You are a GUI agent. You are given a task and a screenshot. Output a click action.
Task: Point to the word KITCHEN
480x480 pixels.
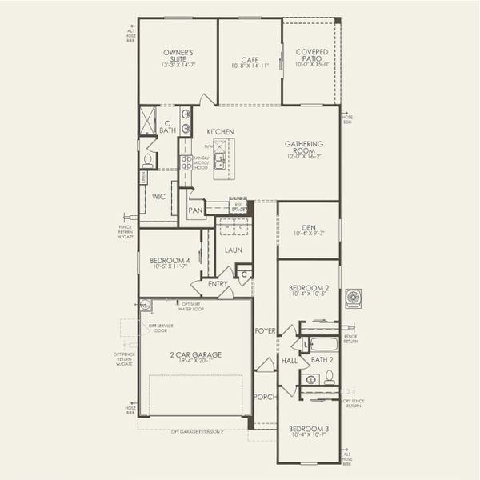(x=220, y=131)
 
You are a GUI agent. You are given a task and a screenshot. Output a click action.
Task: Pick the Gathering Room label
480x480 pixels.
(x=304, y=147)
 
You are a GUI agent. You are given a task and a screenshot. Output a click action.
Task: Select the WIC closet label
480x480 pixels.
(x=158, y=194)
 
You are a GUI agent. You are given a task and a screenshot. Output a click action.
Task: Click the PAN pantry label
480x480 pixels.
(x=195, y=211)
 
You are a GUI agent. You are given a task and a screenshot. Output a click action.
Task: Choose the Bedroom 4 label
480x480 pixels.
(x=170, y=261)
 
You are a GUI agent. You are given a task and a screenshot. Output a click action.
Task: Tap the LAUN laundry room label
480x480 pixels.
(x=233, y=250)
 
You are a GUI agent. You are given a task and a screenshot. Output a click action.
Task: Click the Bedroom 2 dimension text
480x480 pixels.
(x=309, y=294)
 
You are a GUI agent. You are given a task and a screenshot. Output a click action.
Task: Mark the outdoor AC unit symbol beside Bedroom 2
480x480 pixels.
(x=354, y=298)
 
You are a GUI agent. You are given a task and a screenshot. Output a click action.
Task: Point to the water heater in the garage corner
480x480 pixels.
(x=146, y=305)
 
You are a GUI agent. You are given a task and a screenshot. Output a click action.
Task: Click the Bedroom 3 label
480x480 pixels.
(x=308, y=429)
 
